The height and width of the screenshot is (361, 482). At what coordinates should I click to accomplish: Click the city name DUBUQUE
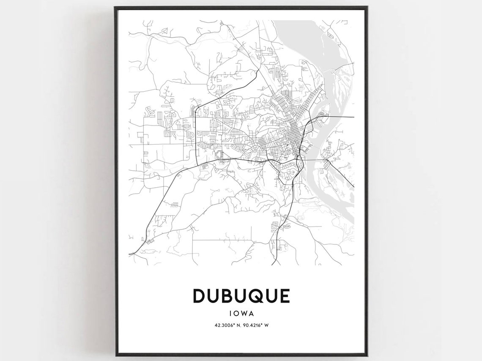point(241,296)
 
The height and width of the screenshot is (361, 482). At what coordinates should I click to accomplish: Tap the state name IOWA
point(241,314)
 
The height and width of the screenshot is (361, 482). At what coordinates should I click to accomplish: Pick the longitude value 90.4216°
point(255,325)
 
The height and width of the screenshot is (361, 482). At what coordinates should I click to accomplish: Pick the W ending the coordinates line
point(268,325)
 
